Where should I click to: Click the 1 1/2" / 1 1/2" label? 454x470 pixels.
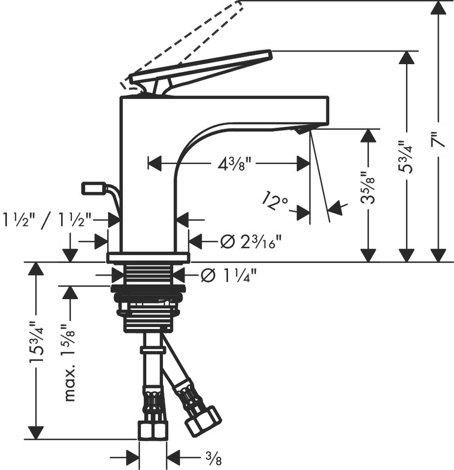click(47, 217)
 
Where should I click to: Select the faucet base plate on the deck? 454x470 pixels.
click(148, 258)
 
